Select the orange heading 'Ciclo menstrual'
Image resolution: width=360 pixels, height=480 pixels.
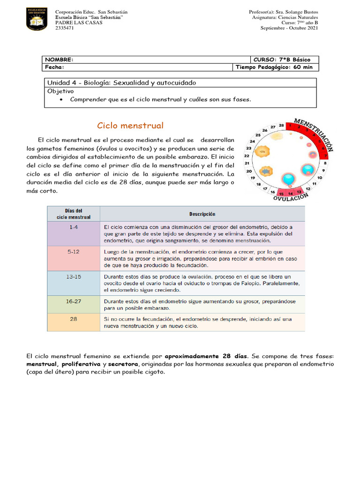point(130,126)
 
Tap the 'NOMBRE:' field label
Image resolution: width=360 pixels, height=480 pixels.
point(59,60)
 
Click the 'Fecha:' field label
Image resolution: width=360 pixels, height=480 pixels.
point(54,67)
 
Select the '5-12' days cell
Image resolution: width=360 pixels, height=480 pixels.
point(74,252)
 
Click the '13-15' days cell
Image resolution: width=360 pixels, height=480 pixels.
point(74,277)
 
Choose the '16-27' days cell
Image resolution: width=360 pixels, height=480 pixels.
point(74,301)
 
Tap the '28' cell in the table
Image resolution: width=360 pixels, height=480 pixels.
point(74,319)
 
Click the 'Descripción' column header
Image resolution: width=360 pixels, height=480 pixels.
point(202,214)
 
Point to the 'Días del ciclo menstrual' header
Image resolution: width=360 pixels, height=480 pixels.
point(74,214)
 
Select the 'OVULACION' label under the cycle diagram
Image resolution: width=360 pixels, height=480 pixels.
point(291,197)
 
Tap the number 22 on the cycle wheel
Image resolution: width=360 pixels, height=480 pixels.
point(247,156)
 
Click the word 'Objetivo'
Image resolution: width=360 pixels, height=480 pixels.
point(60,91)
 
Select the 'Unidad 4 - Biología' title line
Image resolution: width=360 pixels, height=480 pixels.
point(121,82)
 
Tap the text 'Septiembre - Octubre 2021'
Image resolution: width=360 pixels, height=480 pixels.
point(289,28)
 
